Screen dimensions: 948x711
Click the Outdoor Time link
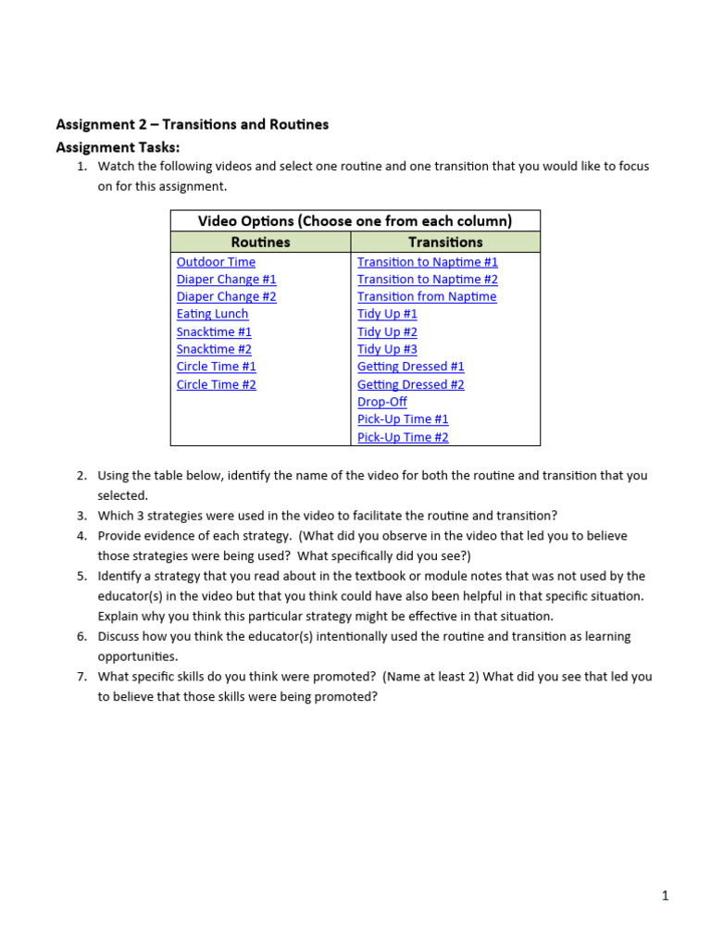click(x=216, y=262)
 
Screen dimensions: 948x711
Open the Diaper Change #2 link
click(x=226, y=297)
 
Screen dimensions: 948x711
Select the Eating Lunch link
click(x=212, y=314)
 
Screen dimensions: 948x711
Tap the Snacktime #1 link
click(x=214, y=331)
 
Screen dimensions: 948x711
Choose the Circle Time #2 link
click(x=216, y=384)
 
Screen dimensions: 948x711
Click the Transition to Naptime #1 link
click(x=427, y=262)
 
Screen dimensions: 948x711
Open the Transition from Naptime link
click(x=427, y=297)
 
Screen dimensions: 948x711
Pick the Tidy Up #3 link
click(x=387, y=349)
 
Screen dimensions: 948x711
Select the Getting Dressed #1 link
click(x=410, y=367)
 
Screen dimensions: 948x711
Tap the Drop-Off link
click(x=381, y=402)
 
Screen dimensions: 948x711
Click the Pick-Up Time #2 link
click(x=403, y=437)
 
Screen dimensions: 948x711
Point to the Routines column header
click(x=260, y=243)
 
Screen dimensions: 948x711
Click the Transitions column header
click(x=445, y=243)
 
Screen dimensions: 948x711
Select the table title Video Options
click(x=355, y=221)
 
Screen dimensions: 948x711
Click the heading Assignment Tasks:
click(x=118, y=147)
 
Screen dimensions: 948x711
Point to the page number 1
click(x=664, y=895)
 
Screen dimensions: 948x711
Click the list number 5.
click(x=81, y=576)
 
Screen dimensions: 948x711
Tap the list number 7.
click(x=81, y=677)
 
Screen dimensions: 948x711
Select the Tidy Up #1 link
click(x=387, y=314)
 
